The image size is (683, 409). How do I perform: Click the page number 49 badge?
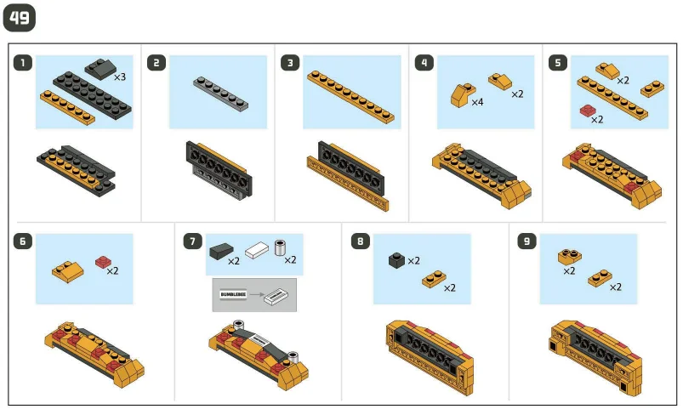tap(20, 19)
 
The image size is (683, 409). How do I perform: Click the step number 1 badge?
tap(23, 63)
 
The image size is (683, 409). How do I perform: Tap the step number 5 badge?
tap(558, 63)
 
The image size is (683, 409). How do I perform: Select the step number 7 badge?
tap(192, 241)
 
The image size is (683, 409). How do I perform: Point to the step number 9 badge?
tap(526, 241)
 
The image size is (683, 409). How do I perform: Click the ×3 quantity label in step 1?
tap(120, 77)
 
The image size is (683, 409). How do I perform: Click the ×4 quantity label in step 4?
tap(477, 102)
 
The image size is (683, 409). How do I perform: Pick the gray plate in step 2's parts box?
tap(221, 94)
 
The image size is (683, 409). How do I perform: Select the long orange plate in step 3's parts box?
tap(350, 97)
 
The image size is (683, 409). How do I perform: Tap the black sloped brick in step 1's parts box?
tap(101, 69)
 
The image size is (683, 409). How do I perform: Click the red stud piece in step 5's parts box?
tap(588, 111)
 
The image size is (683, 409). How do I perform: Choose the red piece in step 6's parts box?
tap(103, 262)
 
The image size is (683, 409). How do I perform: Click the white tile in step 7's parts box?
tap(257, 251)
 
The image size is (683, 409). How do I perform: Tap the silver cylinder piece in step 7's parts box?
tap(280, 247)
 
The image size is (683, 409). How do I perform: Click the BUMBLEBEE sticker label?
tap(233, 294)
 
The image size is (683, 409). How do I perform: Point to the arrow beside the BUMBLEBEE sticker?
tap(257, 294)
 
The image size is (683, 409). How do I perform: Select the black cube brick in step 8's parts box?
tap(397, 260)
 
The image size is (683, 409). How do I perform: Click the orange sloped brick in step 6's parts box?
tap(68, 272)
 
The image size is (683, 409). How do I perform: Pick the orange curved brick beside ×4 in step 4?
tap(463, 95)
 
